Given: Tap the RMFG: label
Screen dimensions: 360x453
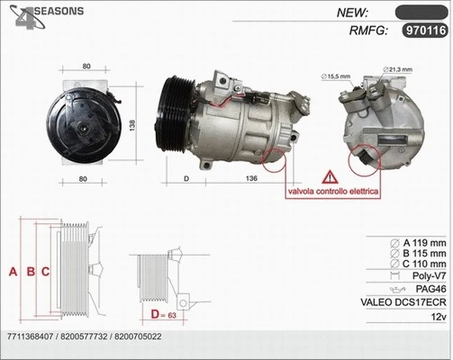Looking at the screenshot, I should coord(367,31).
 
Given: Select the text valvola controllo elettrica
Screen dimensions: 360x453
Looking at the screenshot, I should coord(332,193).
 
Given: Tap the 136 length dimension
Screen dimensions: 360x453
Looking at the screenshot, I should coord(251,180).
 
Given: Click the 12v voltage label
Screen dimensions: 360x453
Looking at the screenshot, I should coord(439,317).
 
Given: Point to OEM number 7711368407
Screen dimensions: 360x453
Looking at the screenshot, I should coord(31,337).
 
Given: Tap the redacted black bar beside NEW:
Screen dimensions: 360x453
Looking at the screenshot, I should coord(421,13).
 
